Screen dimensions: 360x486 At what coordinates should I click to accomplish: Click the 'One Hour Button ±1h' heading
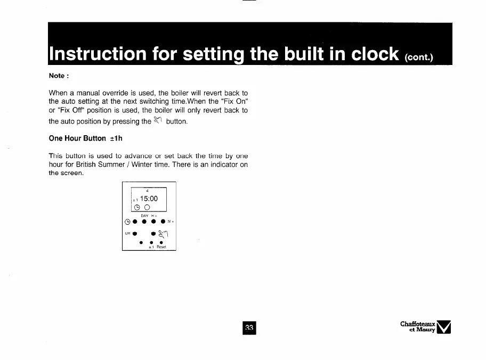pyautogui.click(x=86, y=138)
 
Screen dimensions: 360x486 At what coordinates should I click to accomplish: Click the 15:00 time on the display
pyautogui.click(x=149, y=199)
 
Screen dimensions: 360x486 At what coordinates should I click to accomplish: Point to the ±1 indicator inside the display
pyautogui.click(x=135, y=200)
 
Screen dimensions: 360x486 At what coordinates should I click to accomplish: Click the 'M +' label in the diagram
pyautogui.click(x=171, y=222)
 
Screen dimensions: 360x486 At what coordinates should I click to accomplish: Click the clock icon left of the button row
pyautogui.click(x=127, y=222)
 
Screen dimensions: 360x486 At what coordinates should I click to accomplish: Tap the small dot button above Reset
pyautogui.click(x=161, y=242)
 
